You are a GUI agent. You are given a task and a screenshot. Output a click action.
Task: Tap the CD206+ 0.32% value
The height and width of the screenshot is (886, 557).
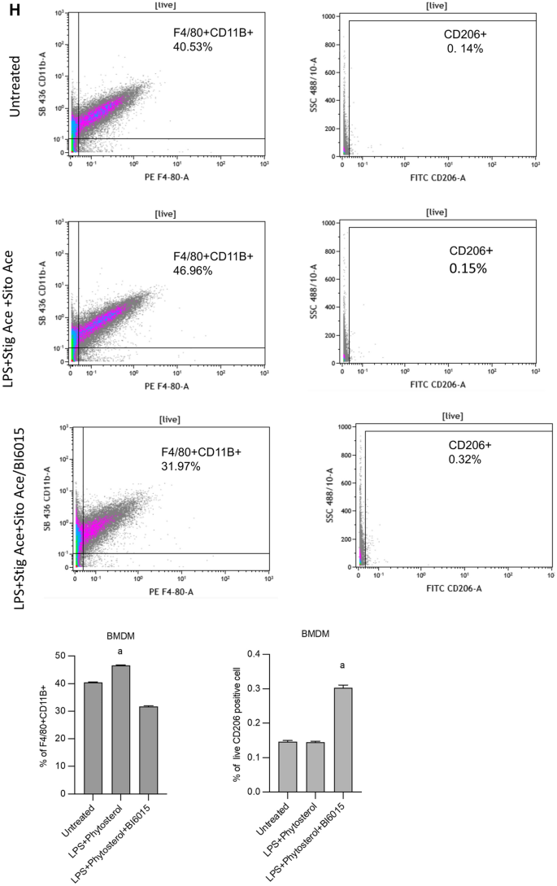[467, 460]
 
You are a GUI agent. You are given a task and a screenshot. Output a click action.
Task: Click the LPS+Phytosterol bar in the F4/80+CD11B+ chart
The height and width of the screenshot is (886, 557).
[120, 729]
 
